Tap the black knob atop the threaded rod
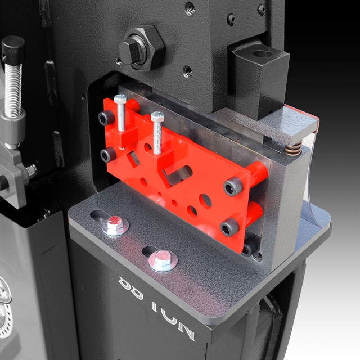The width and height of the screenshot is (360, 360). [x=12, y=48]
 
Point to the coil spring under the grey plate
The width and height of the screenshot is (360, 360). [x=292, y=150]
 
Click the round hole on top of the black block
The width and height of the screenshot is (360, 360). [x=262, y=55]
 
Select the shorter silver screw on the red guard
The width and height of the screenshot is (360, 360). [x=157, y=132]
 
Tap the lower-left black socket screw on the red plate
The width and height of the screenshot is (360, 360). [x=107, y=155]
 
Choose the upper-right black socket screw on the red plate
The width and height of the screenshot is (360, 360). [x=232, y=188]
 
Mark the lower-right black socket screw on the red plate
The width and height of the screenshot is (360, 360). [x=229, y=227]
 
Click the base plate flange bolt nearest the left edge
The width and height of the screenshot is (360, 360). [x=115, y=224]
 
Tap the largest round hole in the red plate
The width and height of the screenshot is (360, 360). [x=206, y=201]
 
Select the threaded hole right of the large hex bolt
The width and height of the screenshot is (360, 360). [x=187, y=71]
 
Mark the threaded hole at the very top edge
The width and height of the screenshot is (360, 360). [x=190, y=7]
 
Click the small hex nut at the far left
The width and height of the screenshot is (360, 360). [x=30, y=170]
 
